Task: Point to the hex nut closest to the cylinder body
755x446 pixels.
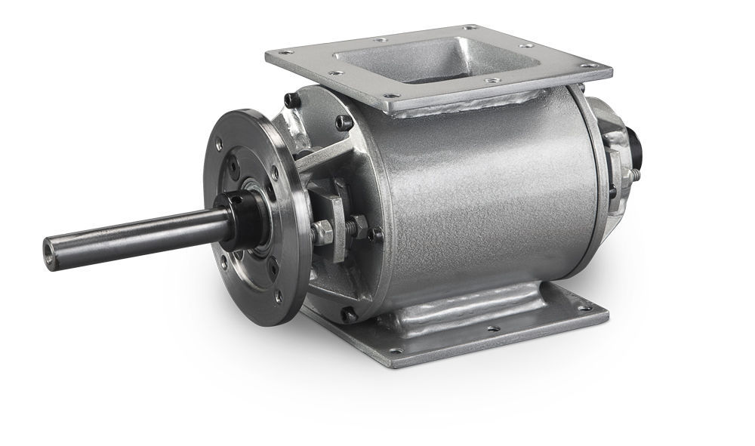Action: [x=360, y=225]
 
